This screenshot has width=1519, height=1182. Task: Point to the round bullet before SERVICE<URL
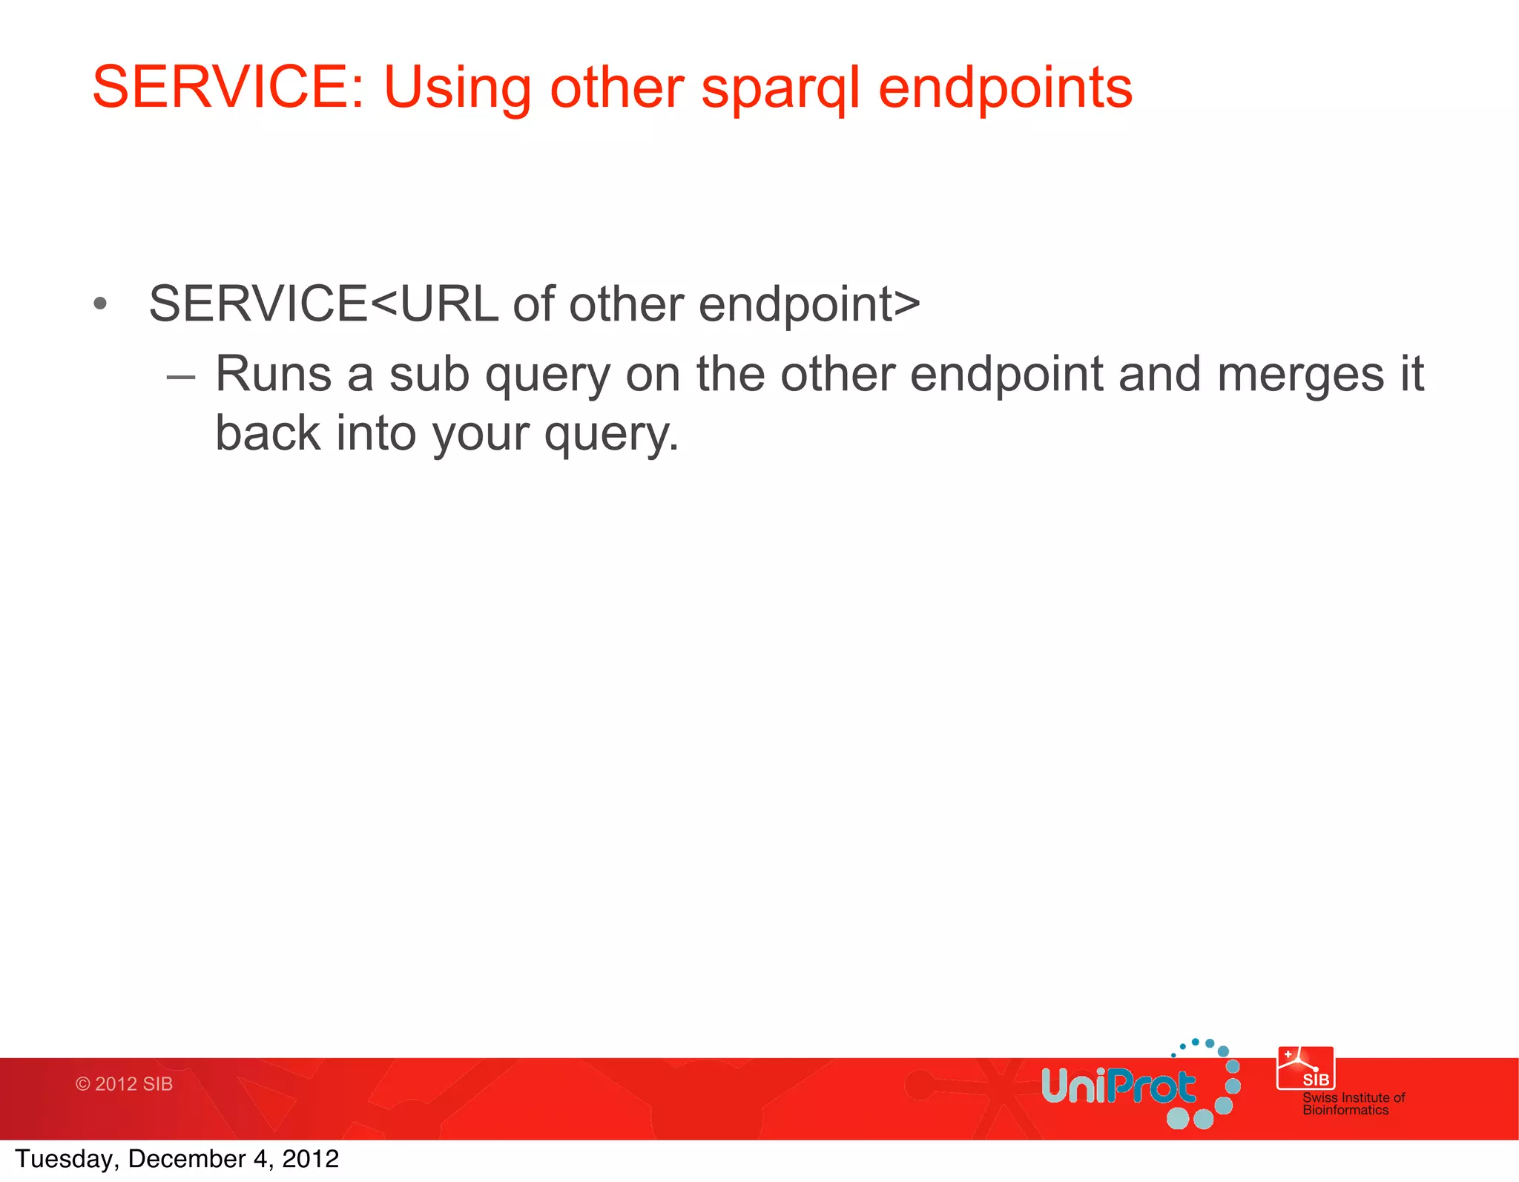101,304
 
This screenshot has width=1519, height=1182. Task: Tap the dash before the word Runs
181,377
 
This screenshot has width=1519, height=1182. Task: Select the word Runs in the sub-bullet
273,374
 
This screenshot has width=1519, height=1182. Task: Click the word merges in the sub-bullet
1299,375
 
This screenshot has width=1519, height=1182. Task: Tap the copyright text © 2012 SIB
124,1084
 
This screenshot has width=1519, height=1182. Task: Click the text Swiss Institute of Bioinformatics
1353,1103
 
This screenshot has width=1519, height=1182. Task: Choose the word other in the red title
616,88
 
